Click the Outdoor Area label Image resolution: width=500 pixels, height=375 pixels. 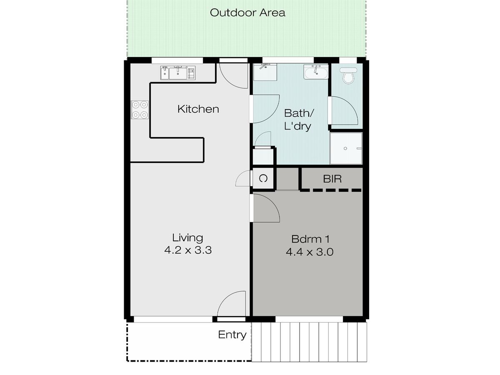(247, 13)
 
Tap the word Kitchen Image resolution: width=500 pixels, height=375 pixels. (198, 109)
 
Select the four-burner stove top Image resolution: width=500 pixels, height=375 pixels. (140, 110)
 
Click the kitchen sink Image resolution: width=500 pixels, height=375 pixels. (177, 73)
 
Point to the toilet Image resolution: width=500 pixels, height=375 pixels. (348, 75)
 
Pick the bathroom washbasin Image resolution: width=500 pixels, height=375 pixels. (316, 72)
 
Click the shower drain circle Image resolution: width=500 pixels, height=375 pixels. (345, 148)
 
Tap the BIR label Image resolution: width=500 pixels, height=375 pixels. (332, 179)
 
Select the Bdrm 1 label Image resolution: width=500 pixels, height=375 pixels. (310, 239)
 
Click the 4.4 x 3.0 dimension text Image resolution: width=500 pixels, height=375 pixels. (310, 252)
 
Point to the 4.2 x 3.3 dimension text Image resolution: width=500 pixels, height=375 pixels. (188, 250)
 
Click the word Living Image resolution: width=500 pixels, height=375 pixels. (187, 238)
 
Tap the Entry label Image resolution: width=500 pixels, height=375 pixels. (232, 335)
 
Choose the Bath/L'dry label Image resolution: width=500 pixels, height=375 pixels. (299, 120)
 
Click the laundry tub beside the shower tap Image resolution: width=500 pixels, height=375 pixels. (265, 72)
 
